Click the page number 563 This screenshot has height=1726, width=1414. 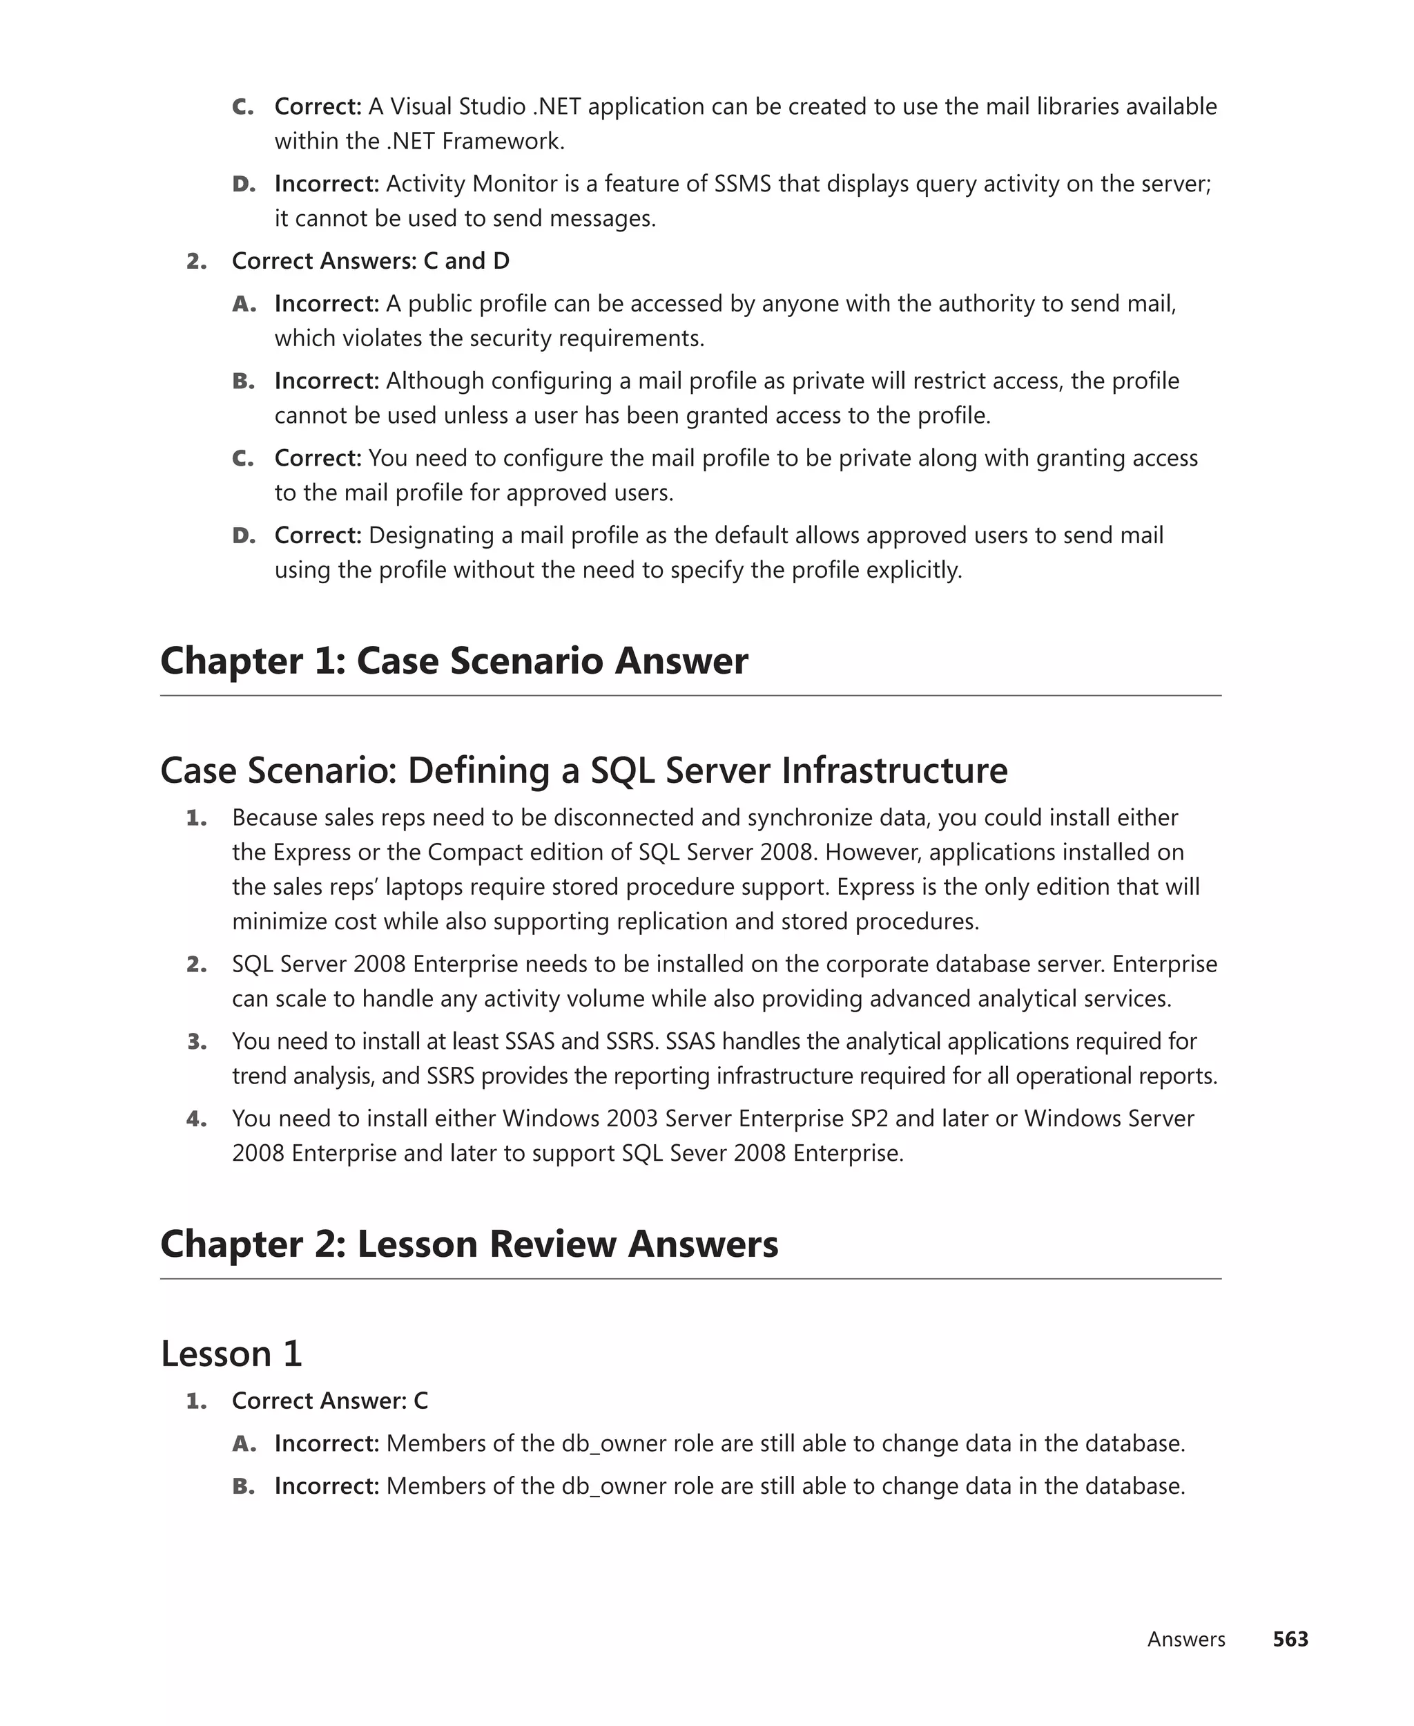coord(1290,1639)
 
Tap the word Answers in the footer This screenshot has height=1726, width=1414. coord(1186,1639)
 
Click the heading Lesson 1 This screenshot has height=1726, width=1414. coord(231,1354)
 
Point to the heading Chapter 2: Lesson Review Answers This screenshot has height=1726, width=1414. coord(469,1244)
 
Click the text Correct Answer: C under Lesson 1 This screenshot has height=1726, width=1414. coord(330,1400)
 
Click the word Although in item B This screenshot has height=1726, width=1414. coord(435,381)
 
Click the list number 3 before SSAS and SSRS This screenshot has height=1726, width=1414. coord(196,1041)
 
